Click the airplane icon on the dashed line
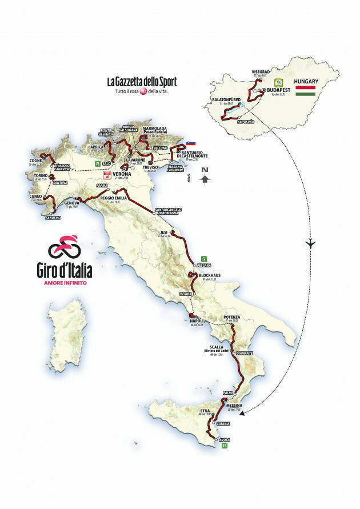tap(310, 243)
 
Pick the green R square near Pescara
tap(204, 258)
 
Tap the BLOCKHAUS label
tap(209, 275)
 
